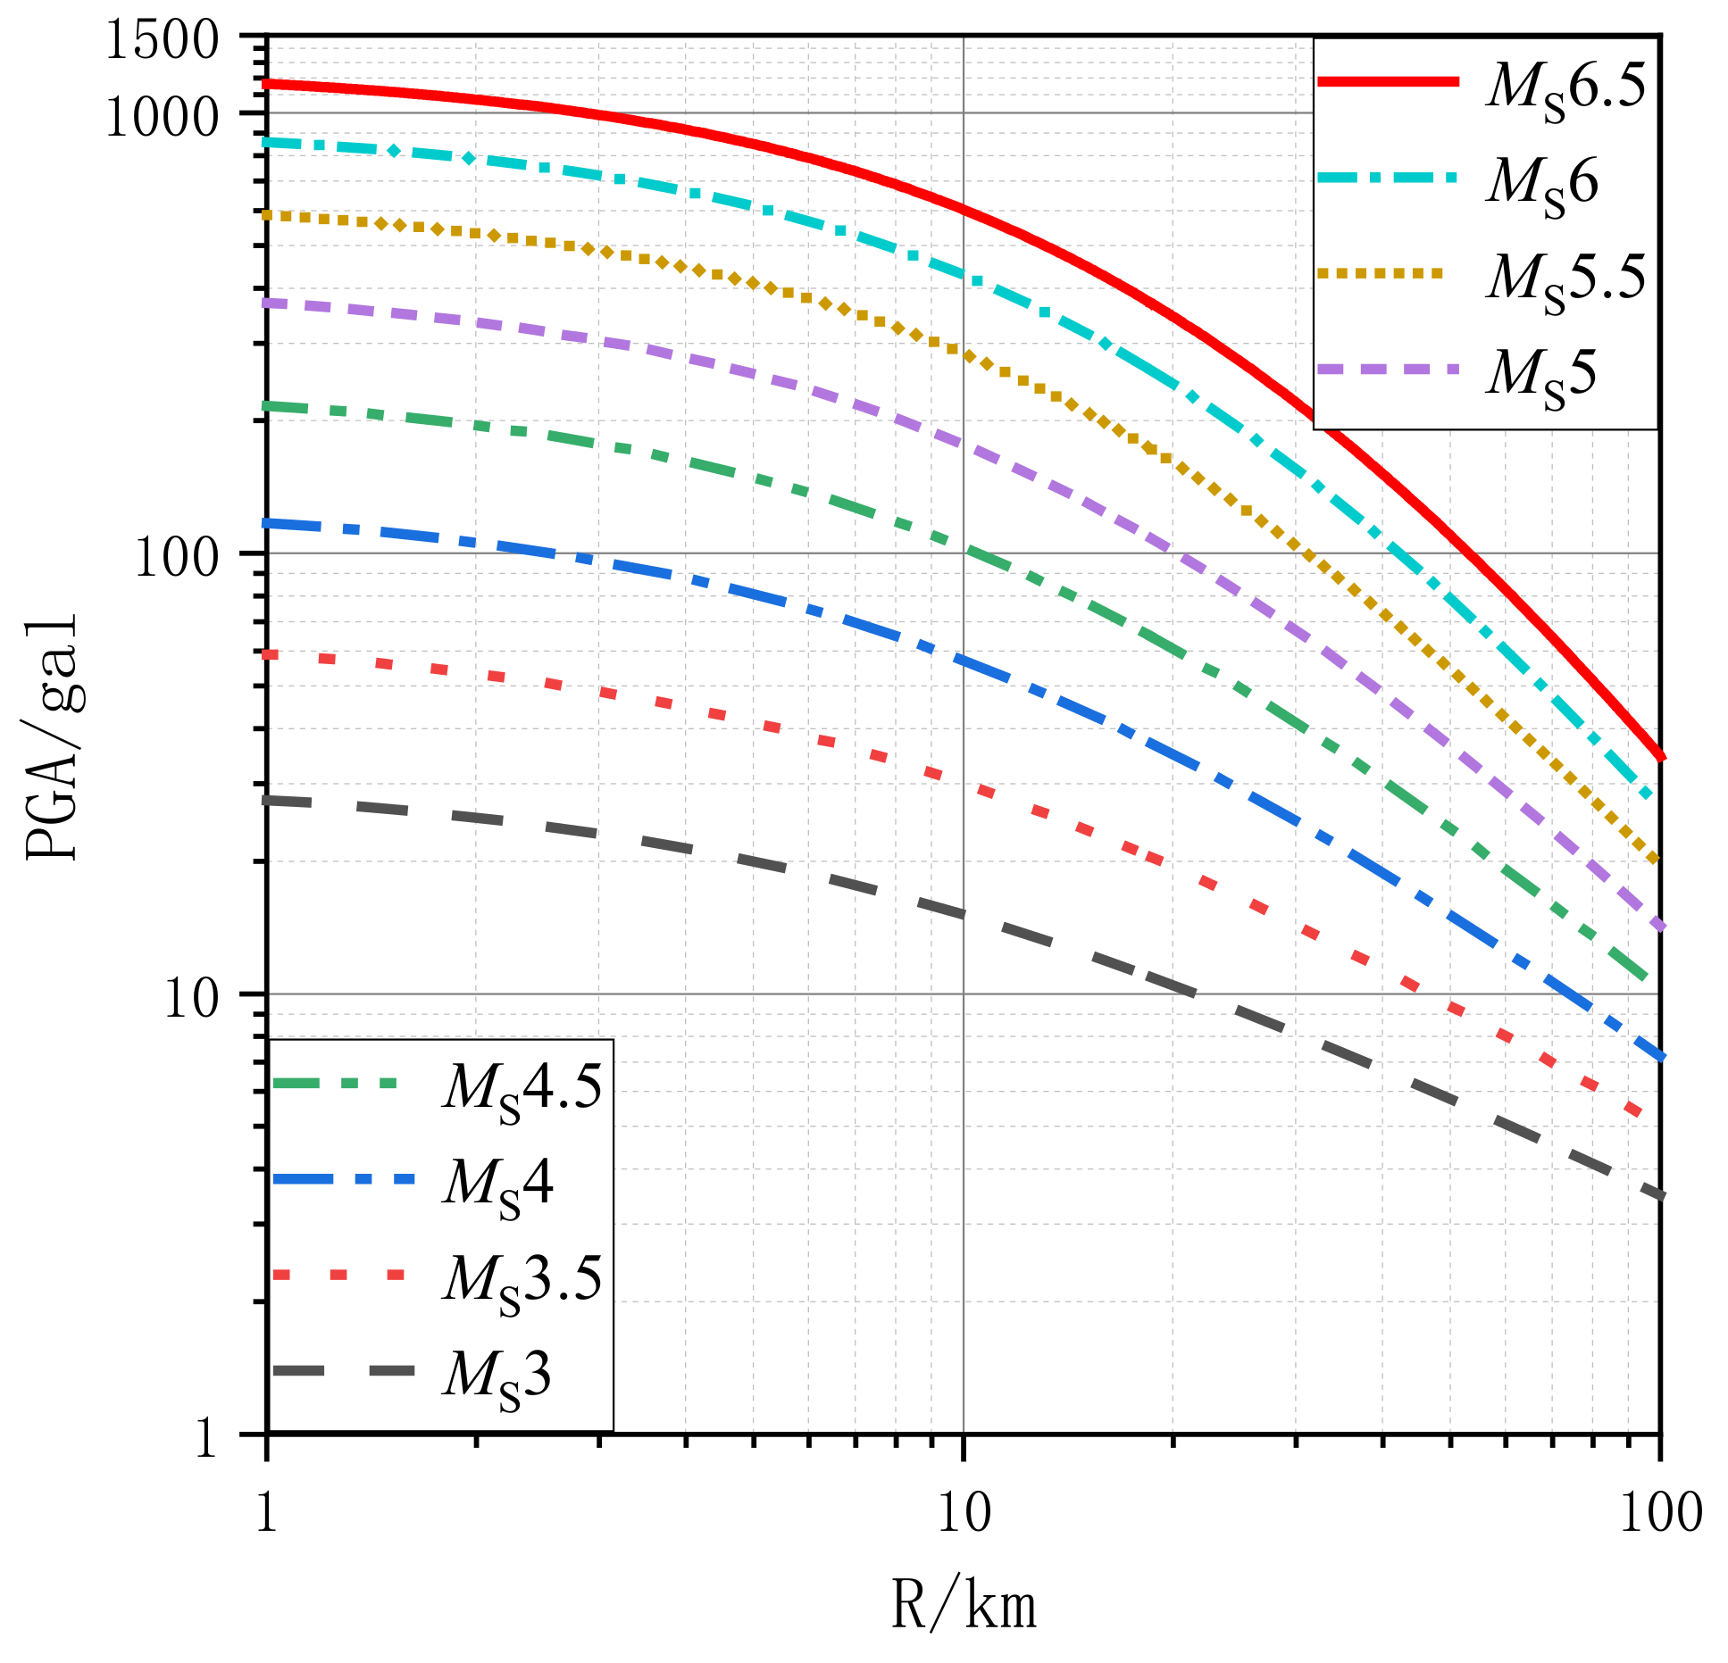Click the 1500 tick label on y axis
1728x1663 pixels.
click(162, 40)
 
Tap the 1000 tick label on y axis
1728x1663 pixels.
click(162, 116)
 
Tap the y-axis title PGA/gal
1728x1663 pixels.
click(52, 736)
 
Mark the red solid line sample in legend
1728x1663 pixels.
click(1388, 81)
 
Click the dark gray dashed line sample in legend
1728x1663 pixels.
click(344, 1371)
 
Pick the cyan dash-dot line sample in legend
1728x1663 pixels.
click(1388, 178)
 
